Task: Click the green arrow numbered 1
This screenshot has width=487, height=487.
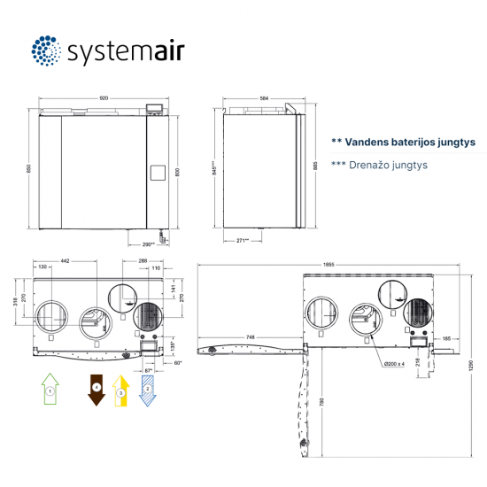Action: click(50, 388)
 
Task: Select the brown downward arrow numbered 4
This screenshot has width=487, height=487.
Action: click(97, 389)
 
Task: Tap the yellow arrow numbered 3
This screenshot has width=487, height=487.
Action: click(121, 389)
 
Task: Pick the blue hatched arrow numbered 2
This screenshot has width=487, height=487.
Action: click(146, 388)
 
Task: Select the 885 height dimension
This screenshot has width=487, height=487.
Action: click(314, 166)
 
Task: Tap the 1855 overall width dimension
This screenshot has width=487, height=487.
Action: click(329, 264)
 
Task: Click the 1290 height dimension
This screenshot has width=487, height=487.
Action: click(471, 363)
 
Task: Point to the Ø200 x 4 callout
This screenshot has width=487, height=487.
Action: click(395, 363)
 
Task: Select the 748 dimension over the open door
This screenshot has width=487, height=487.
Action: click(251, 337)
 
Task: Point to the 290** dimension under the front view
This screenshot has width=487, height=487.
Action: click(147, 243)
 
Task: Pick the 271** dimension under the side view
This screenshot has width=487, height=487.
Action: click(242, 240)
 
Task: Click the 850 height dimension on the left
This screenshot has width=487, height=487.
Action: click(28, 168)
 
